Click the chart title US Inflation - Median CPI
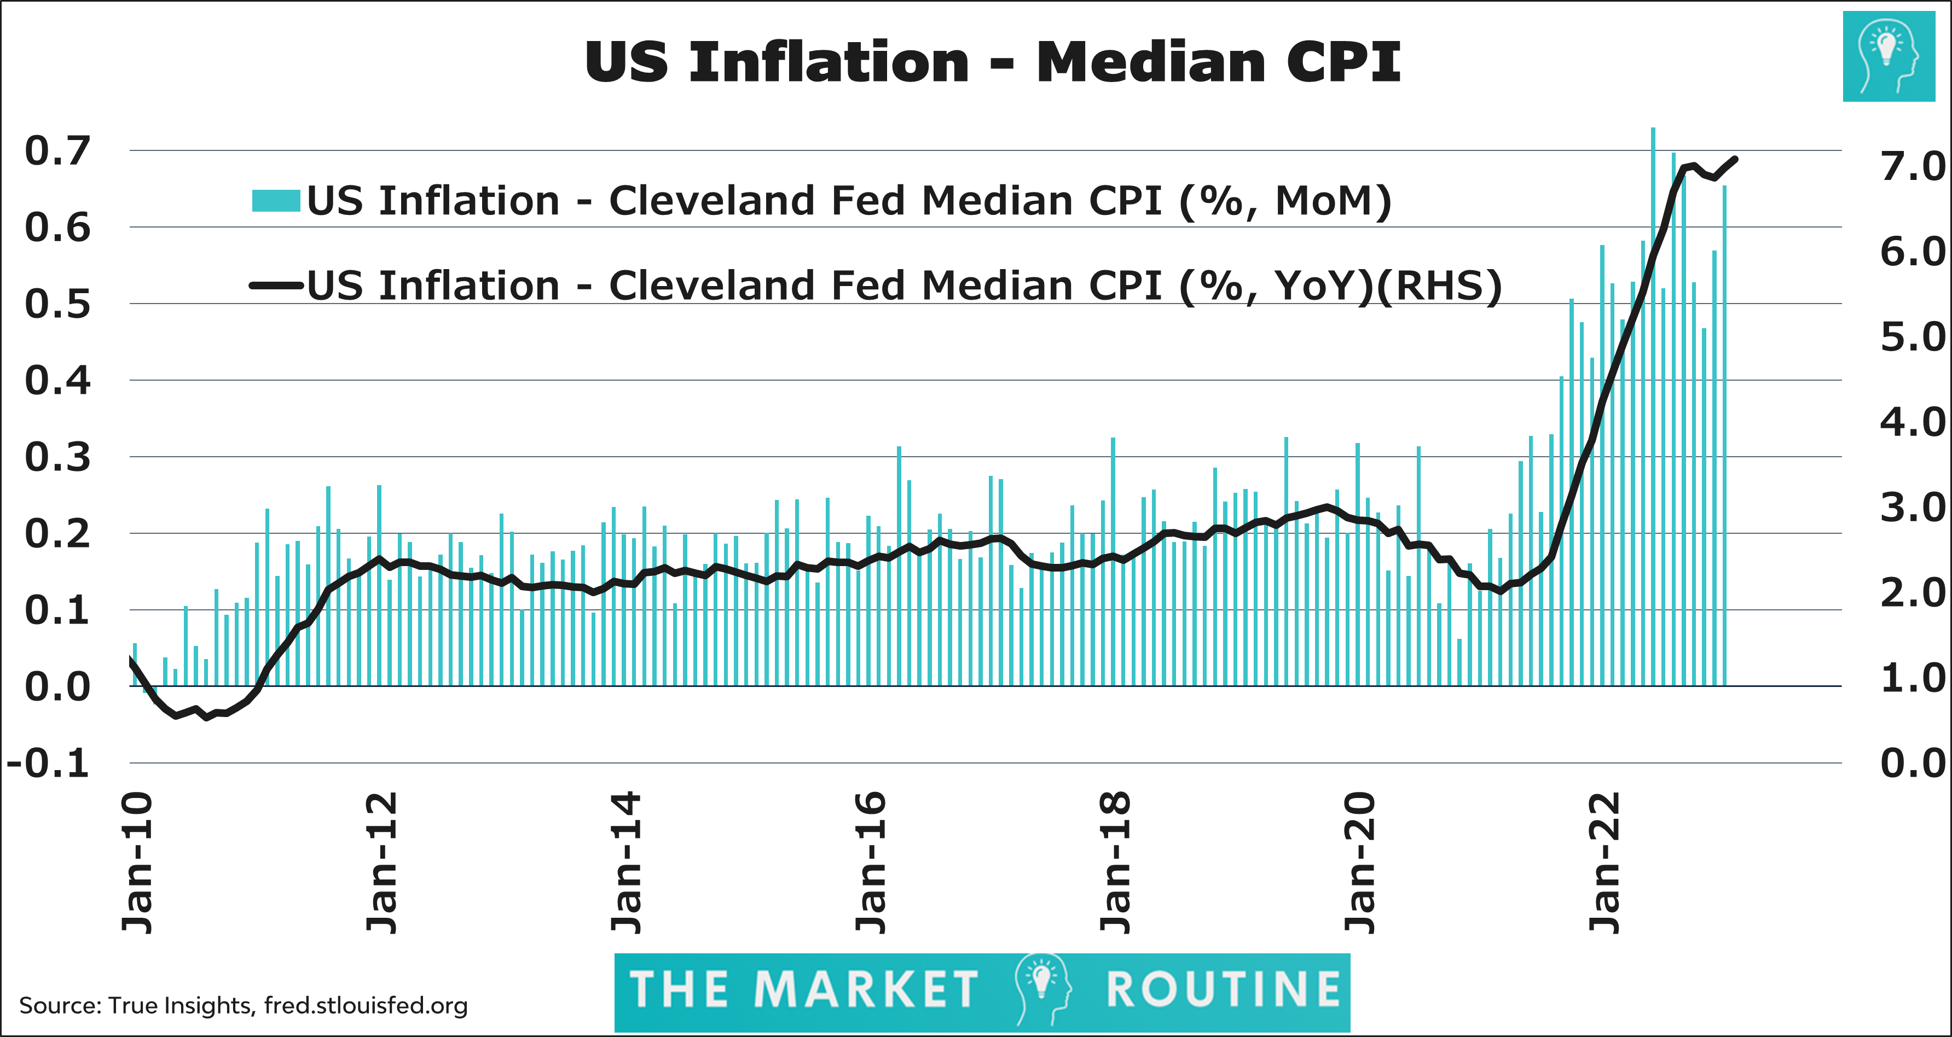click(992, 62)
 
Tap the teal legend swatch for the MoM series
click(276, 201)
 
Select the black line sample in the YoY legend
click(276, 286)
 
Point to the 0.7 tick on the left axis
click(57, 151)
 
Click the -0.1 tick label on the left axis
click(49, 764)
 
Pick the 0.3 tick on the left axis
click(57, 458)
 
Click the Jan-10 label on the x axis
click(138, 864)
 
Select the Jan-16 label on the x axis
click(871, 864)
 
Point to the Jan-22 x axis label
click(1604, 864)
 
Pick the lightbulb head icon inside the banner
click(1044, 988)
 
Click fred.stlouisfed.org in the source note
click(366, 1006)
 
